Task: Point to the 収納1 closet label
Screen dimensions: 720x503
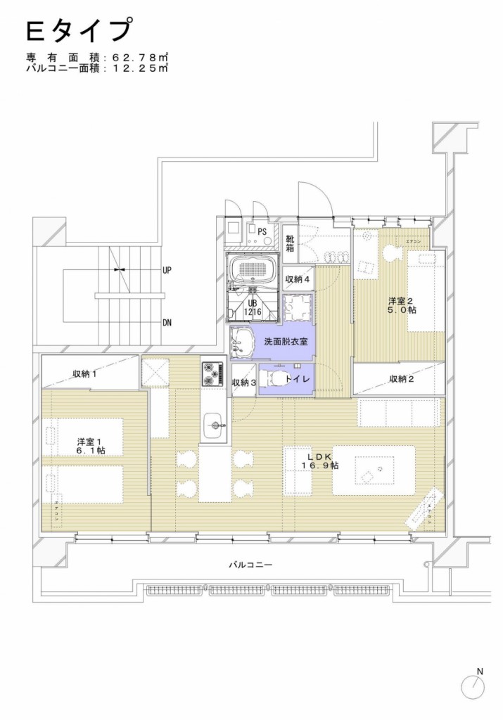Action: coord(85,373)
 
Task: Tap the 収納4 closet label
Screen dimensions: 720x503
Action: coord(297,279)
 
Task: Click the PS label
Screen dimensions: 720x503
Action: coord(262,231)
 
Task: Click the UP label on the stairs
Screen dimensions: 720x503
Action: coord(167,269)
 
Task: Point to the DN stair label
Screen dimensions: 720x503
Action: coord(167,323)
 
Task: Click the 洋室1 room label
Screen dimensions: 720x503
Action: coord(91,446)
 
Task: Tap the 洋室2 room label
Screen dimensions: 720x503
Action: coord(400,305)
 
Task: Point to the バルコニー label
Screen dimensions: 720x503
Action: coord(250,565)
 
